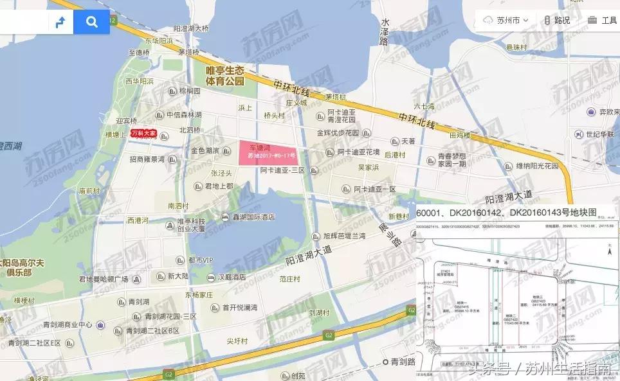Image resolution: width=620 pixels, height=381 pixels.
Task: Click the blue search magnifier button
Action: click(x=92, y=22)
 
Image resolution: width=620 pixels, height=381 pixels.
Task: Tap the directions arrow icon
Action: click(x=61, y=22)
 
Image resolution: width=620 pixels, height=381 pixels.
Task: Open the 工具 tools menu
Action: click(x=603, y=21)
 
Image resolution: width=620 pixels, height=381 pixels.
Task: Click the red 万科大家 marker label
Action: click(x=144, y=134)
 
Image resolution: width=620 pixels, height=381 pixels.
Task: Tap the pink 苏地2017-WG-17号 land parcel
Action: click(x=267, y=152)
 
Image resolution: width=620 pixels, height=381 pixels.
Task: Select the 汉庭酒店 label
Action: click(x=231, y=277)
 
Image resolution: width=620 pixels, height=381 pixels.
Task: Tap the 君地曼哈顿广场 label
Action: click(x=104, y=279)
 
